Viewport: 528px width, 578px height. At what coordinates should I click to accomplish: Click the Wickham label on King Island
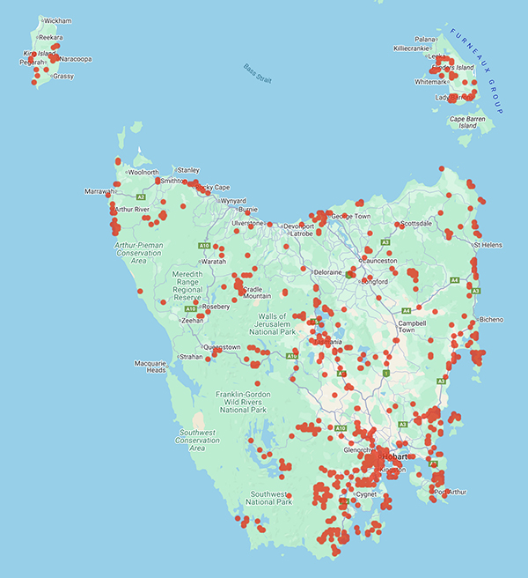(57, 20)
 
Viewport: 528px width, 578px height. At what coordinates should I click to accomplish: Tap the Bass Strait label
(257, 74)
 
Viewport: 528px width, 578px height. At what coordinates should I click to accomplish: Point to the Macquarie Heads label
(150, 367)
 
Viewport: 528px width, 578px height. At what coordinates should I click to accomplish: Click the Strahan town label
(191, 357)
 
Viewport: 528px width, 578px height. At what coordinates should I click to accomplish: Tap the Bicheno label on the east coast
(489, 319)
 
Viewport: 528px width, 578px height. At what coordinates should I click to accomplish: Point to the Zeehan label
(192, 321)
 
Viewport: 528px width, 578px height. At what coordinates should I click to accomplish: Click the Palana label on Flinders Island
(426, 40)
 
